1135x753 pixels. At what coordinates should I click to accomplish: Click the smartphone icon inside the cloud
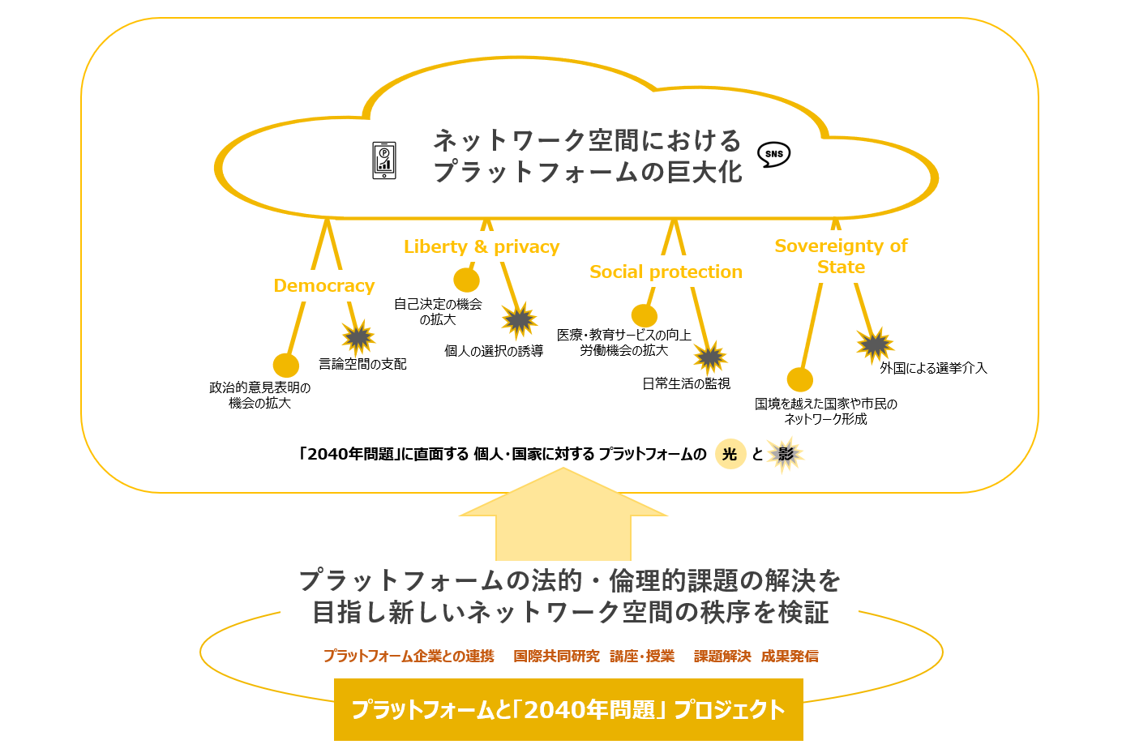pos(384,160)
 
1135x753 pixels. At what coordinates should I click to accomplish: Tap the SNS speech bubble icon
pos(773,154)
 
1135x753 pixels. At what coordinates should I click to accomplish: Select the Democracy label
pos(324,285)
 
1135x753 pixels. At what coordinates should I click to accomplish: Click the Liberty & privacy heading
pos(482,246)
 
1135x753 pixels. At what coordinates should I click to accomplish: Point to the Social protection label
pos(666,272)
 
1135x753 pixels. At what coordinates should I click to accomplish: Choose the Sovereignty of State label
pos(841,256)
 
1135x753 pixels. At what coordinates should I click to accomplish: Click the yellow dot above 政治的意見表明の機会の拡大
pos(286,366)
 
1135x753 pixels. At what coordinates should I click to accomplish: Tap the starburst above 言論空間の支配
pos(358,337)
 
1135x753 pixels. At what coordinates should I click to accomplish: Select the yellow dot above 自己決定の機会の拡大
pos(466,280)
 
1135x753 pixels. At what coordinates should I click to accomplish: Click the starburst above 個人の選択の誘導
pos(519,320)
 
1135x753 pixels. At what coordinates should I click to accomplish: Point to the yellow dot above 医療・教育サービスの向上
pos(645,315)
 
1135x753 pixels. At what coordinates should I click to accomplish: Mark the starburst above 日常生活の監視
pos(710,357)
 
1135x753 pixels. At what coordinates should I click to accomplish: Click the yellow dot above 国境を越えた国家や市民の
pos(800,379)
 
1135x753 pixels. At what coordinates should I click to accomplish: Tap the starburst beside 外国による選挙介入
pos(875,345)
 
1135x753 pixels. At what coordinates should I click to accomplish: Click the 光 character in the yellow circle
pos(730,454)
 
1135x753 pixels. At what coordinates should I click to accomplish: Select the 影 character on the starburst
pos(786,454)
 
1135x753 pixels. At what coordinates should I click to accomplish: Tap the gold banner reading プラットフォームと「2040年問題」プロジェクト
pos(568,710)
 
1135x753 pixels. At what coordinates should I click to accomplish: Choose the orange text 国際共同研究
pos(557,656)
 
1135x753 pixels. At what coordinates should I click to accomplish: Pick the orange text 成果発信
pos(790,656)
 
